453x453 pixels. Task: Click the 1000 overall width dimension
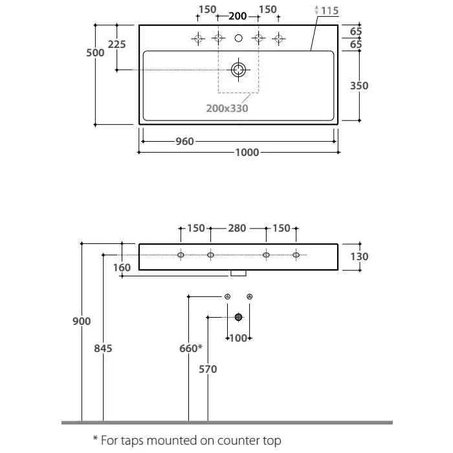point(247,153)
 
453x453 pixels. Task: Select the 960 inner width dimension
point(184,142)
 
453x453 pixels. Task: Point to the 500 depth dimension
point(96,53)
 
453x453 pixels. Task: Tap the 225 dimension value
point(117,44)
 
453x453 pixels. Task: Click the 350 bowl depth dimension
point(359,85)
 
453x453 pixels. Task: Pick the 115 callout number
point(329,11)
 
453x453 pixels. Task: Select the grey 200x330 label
point(228,109)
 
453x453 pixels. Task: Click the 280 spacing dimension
point(238,228)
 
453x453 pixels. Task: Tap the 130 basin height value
point(359,256)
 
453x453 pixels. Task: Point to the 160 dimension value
point(122,267)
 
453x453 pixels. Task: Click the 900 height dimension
point(82,321)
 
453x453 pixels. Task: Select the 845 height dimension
point(104,348)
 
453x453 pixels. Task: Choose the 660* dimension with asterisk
point(191,348)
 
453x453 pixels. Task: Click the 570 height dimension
point(208,369)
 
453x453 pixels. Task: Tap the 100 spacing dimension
point(239,338)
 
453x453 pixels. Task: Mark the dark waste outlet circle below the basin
point(239,317)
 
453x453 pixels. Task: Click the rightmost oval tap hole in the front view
point(296,256)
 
